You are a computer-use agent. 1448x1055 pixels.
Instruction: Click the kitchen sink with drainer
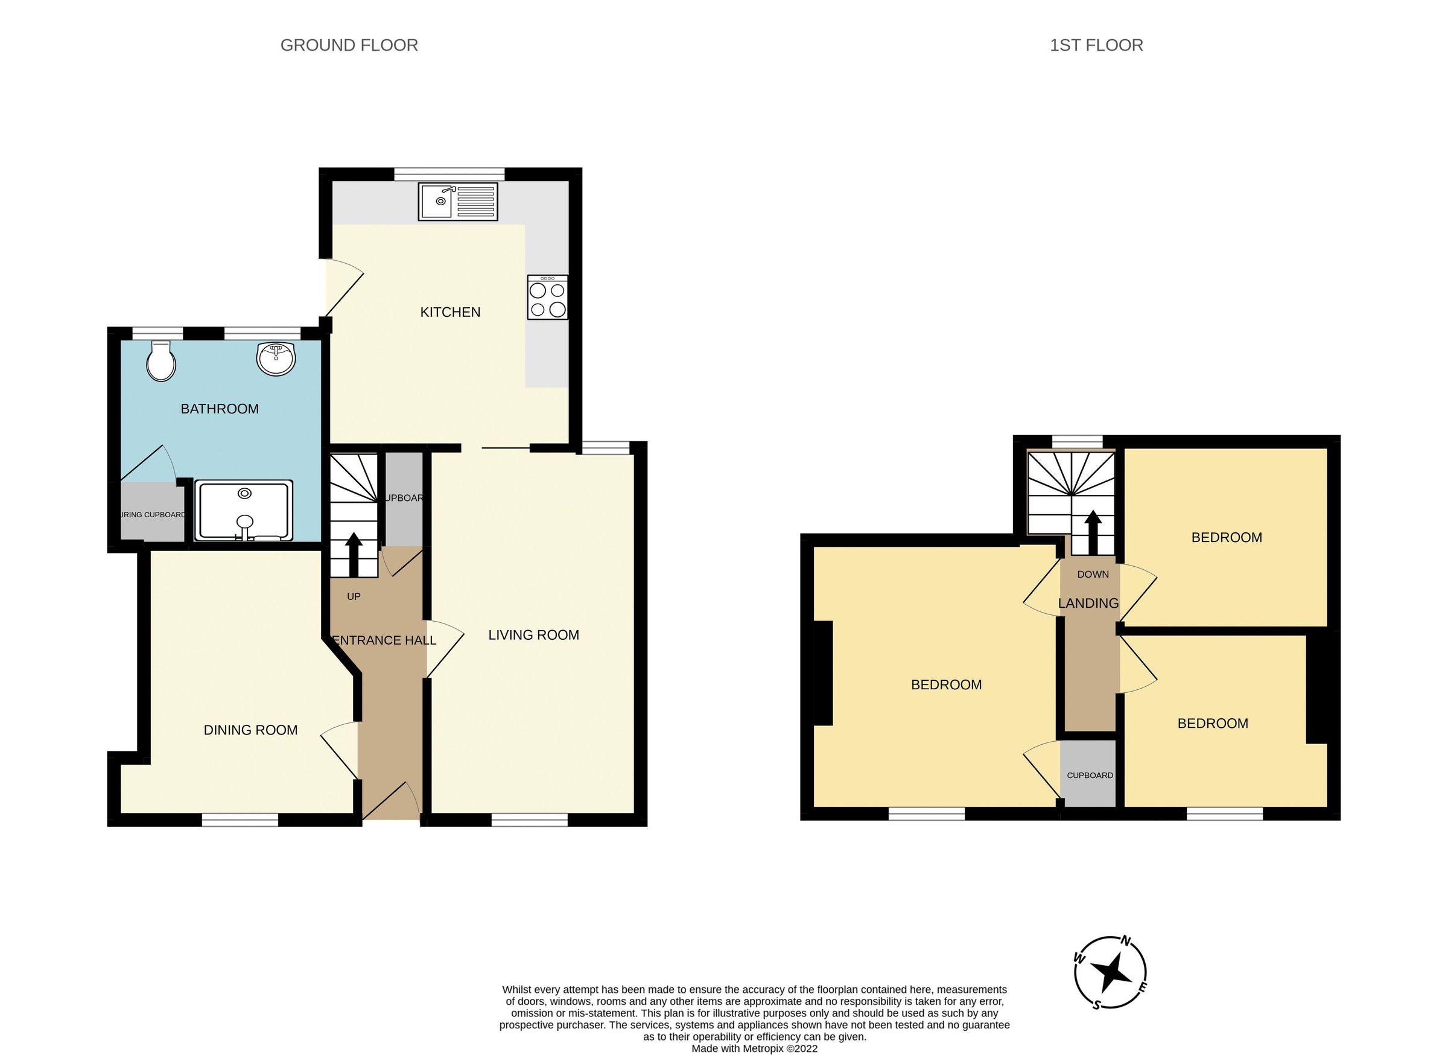[457, 201]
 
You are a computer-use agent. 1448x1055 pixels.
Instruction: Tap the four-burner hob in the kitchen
[547, 297]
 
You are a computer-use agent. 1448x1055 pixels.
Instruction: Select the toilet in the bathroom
[161, 362]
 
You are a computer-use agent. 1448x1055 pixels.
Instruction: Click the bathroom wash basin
[276, 359]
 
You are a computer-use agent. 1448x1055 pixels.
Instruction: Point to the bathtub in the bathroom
[244, 511]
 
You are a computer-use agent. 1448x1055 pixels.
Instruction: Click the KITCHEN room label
[449, 312]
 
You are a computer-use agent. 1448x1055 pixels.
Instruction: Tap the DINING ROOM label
[250, 730]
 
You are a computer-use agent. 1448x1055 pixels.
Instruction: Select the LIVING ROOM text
[533, 635]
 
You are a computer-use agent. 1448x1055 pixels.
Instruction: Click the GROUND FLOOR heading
[349, 45]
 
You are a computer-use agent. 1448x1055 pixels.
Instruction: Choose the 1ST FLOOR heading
[1096, 45]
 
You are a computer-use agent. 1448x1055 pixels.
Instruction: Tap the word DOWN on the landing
[1093, 574]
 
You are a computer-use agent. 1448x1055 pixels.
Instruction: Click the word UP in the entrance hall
[353, 596]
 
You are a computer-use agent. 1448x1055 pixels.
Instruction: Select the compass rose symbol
[1110, 974]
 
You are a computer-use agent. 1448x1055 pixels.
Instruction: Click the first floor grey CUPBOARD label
[1089, 776]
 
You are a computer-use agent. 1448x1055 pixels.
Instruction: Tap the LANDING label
[1088, 604]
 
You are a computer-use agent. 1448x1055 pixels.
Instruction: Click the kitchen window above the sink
[449, 174]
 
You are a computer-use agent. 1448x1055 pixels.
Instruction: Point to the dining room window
[240, 820]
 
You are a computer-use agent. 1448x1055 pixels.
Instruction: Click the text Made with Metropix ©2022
[754, 1048]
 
